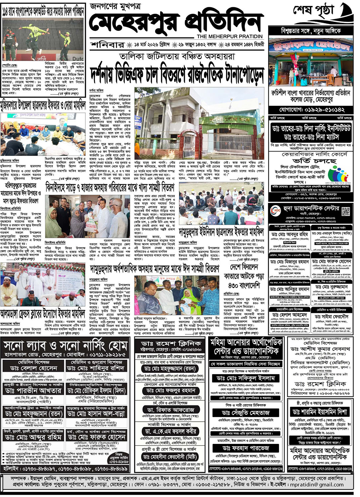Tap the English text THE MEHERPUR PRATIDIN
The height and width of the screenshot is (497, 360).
229,36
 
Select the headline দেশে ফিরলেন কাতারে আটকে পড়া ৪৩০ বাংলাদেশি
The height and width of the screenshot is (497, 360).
244,276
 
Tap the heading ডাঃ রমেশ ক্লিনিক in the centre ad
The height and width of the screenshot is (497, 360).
170,343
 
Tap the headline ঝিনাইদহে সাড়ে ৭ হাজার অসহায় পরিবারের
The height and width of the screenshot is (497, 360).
110,188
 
